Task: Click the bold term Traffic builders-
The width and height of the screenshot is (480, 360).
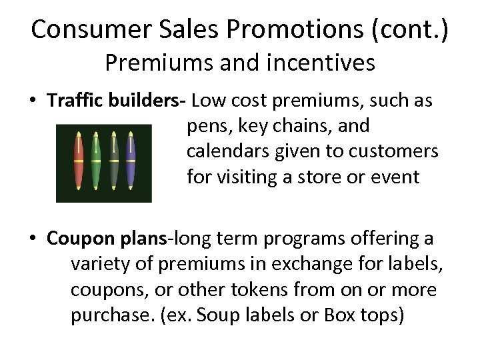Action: coord(117,101)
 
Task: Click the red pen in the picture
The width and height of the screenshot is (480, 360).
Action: coord(79,161)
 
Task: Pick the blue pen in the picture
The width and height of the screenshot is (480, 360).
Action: coord(131,161)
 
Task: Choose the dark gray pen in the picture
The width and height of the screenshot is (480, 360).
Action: coord(113,161)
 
